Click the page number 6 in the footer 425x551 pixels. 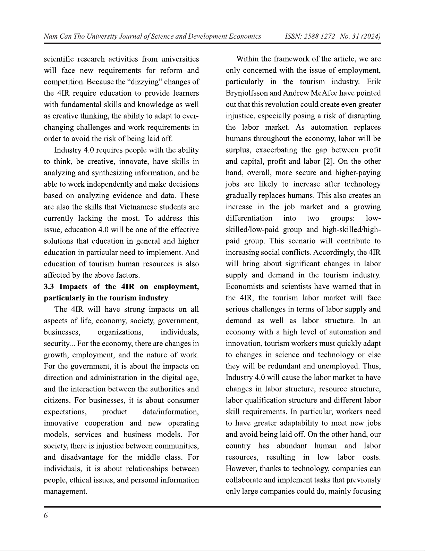[x=46, y=516]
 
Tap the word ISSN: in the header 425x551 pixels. [x=293, y=37]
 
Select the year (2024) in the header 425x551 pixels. [x=371, y=37]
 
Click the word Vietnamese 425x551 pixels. [x=138, y=207]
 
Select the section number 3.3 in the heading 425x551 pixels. [x=50, y=287]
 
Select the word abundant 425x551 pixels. [x=292, y=446]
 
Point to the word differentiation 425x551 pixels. [x=249, y=218]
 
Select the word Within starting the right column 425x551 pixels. [x=247, y=59]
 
